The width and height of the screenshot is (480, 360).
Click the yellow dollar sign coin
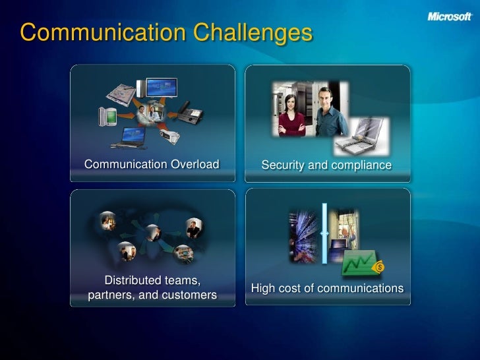click(379, 267)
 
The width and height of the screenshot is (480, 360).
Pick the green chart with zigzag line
click(358, 262)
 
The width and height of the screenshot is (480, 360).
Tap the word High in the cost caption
click(264, 288)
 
